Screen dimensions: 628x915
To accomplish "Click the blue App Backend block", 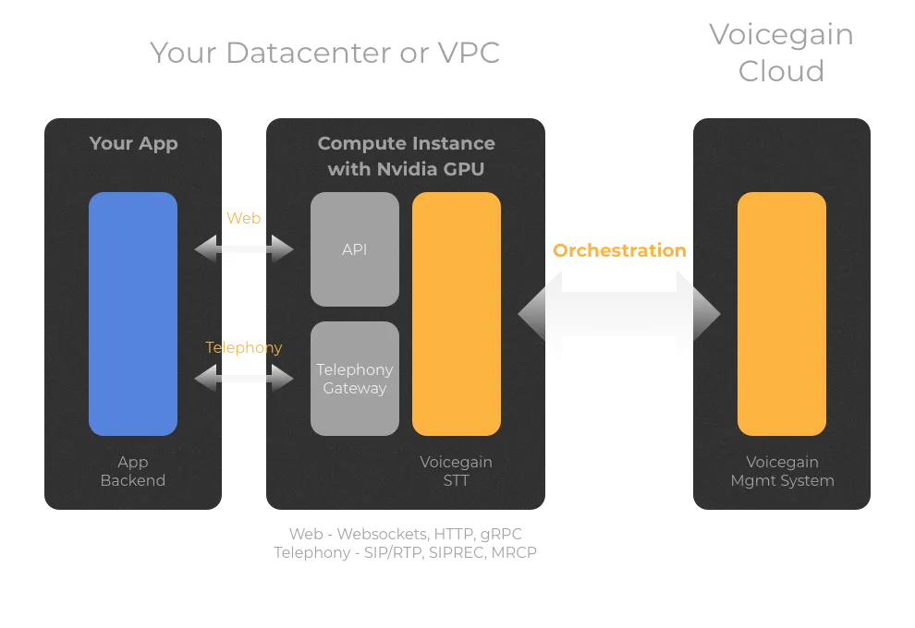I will click(133, 314).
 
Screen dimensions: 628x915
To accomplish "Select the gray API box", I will click(355, 249).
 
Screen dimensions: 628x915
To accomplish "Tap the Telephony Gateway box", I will click(355, 379).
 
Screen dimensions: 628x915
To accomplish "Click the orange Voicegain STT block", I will click(457, 314).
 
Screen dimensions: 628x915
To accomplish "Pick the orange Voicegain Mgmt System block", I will click(782, 314).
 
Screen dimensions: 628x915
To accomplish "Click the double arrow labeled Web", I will click(244, 248).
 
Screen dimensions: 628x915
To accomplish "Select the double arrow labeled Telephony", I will click(244, 378).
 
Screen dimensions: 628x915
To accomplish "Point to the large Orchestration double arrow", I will click(619, 314).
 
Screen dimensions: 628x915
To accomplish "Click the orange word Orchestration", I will click(619, 250).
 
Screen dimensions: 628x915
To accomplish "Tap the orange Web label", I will click(244, 218).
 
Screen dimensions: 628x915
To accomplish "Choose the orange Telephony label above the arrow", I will click(244, 347).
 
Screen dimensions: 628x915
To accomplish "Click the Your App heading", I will click(133, 143).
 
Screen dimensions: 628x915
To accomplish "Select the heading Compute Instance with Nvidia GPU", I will click(406, 156).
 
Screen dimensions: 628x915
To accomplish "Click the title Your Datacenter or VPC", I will click(324, 53).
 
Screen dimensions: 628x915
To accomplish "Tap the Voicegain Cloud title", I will click(781, 53).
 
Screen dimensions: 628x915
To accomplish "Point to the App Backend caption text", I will click(133, 471).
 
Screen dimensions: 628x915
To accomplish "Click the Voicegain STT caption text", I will click(457, 471).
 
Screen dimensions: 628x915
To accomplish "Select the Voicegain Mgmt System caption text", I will click(782, 471).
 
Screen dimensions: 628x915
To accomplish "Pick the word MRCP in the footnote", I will click(514, 552).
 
